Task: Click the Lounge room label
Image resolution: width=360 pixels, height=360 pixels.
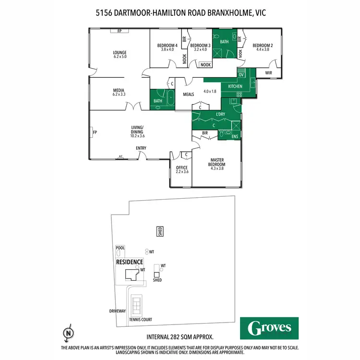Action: (119, 52)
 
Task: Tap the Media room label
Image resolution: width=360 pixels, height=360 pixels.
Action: (119, 90)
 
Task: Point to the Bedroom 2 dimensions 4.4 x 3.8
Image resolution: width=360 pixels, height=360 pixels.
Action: (263, 49)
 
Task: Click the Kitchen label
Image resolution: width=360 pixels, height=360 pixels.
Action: (235, 86)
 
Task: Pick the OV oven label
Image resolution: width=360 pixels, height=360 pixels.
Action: (241, 75)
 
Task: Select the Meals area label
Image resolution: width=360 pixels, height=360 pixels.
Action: (189, 94)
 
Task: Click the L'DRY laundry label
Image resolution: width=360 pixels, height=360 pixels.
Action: (220, 114)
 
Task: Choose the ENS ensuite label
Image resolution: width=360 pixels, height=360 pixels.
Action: (235, 137)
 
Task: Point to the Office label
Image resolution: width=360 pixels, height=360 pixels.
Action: (182, 168)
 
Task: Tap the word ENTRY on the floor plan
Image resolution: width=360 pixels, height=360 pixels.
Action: (141, 148)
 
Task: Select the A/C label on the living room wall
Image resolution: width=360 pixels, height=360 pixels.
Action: (120, 156)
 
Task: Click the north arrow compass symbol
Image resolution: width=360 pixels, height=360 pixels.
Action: (69, 332)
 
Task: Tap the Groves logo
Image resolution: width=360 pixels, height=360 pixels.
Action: (270, 328)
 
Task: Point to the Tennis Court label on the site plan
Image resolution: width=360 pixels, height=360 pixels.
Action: (140, 319)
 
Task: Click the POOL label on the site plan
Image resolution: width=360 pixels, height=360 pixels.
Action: (120, 248)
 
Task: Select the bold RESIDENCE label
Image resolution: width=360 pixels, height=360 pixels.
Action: (130, 262)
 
